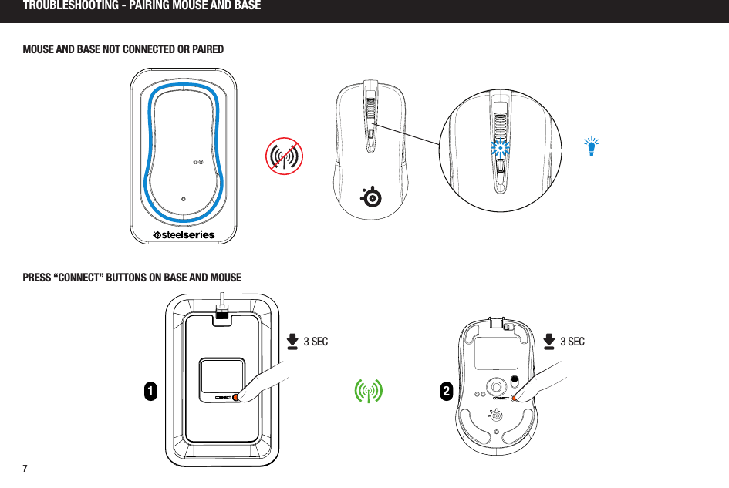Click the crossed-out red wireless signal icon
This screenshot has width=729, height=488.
click(284, 156)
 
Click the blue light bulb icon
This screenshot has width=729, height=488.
click(592, 146)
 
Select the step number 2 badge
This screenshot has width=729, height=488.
click(446, 392)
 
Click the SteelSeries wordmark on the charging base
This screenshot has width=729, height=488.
click(184, 234)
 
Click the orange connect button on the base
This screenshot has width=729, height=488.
click(237, 398)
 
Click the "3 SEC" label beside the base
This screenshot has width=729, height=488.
click(316, 342)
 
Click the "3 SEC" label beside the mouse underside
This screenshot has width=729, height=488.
click(572, 341)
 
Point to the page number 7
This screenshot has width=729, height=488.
click(25, 469)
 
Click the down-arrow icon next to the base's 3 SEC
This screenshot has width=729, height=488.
click(292, 342)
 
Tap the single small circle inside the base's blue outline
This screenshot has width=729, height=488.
click(184, 198)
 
